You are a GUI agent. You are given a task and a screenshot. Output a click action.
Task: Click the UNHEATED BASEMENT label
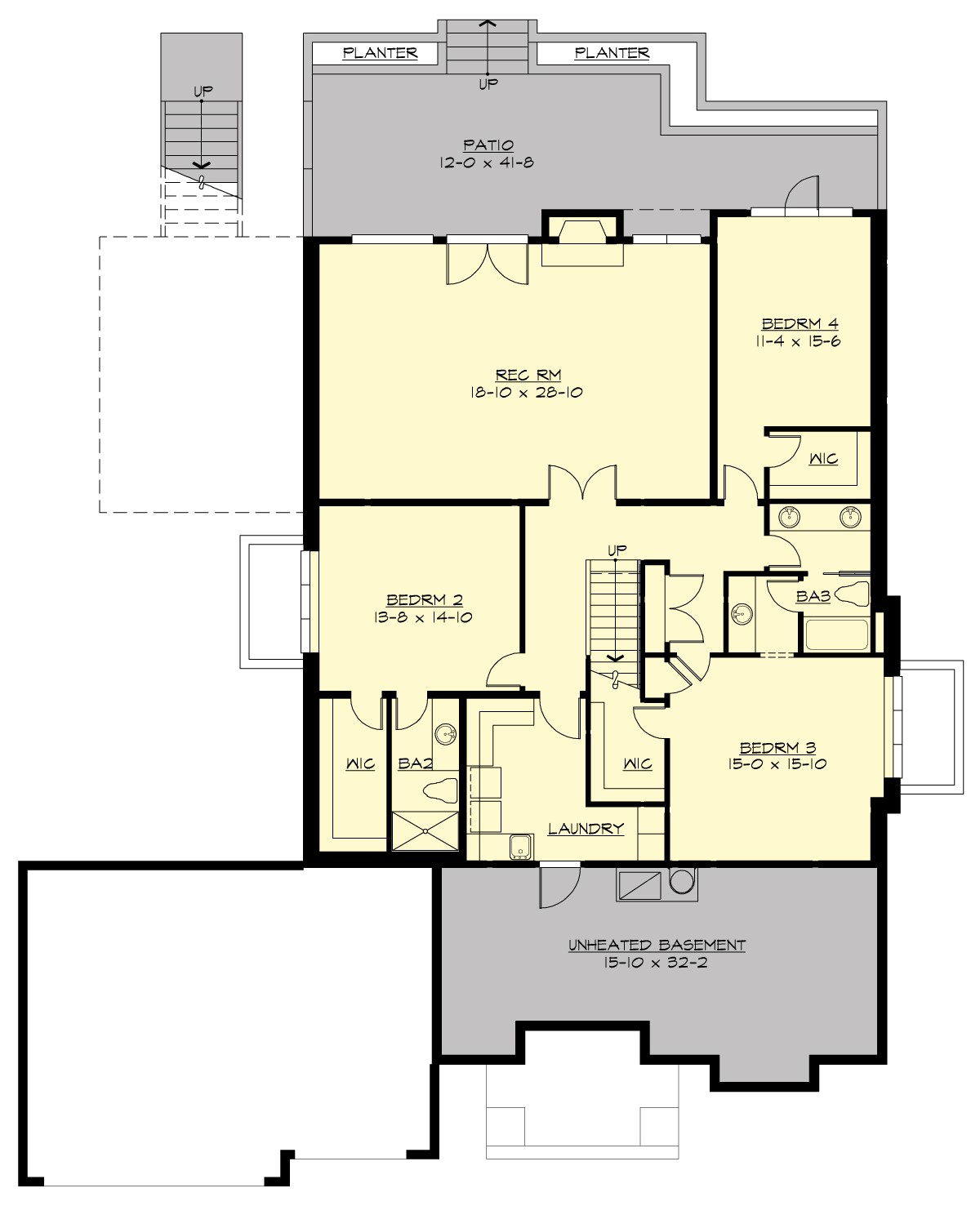coord(657,946)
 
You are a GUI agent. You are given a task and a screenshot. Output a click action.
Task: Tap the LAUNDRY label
coord(586,829)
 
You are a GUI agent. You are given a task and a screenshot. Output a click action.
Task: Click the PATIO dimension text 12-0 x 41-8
coord(488,162)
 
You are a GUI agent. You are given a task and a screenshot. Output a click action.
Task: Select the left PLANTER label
coord(380,53)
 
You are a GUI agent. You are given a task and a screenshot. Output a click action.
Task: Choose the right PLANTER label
coord(612,53)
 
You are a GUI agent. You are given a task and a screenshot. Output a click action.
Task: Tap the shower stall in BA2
coord(425,831)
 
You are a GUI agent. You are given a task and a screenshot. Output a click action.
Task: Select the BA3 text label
coord(813,597)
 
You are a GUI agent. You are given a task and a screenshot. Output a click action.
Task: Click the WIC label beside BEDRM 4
coord(823,459)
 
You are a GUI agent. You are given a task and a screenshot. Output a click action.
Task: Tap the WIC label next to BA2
coord(359,764)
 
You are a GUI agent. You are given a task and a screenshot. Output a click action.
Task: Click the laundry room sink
coord(519,848)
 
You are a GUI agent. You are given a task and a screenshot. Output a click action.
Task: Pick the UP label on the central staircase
coord(617,548)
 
